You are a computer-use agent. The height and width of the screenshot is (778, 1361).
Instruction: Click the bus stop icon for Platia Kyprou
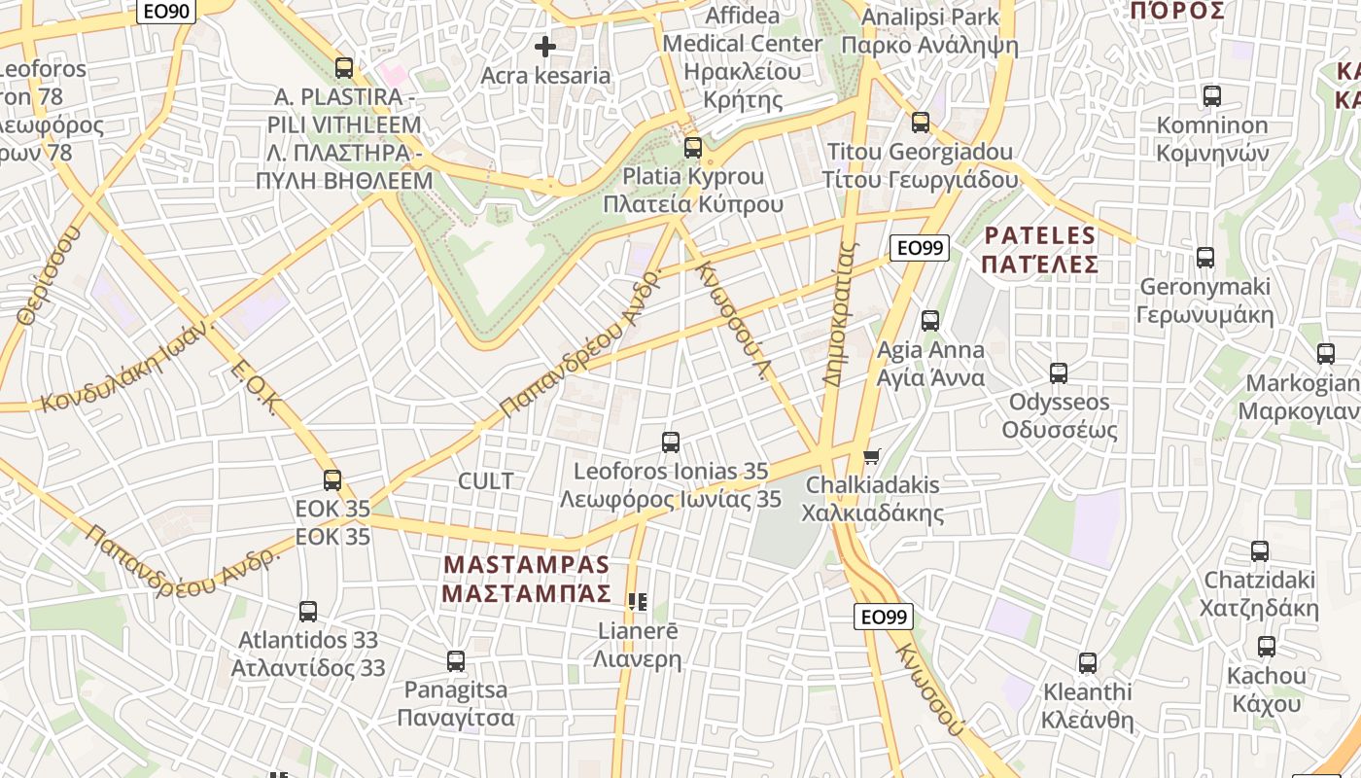[692, 148]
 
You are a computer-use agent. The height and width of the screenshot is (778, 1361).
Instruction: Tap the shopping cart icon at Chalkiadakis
[872, 456]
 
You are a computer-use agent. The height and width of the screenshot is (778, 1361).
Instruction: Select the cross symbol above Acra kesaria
[545, 46]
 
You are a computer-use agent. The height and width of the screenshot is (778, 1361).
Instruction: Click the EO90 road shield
[167, 12]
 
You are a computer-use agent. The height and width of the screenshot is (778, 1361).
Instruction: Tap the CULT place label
[485, 480]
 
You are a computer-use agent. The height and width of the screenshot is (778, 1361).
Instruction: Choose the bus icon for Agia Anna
[930, 320]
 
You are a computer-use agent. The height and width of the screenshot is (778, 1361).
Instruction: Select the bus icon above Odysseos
[1059, 372]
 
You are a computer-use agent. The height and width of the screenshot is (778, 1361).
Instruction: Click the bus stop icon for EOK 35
[332, 479]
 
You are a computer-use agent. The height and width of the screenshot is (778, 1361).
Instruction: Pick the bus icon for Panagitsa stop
[455, 661]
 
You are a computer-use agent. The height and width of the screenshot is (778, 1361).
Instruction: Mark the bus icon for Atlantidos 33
[308, 611]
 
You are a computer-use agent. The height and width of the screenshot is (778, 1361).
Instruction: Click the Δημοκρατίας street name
[841, 314]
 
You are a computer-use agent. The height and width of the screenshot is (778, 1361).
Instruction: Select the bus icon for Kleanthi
[1087, 663]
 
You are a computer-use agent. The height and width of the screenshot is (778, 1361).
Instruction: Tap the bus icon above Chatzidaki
[1260, 550]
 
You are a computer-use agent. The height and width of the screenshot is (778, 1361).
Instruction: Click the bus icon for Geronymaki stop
[1205, 258]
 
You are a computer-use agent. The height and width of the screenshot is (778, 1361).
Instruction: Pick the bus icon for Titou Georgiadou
[920, 123]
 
